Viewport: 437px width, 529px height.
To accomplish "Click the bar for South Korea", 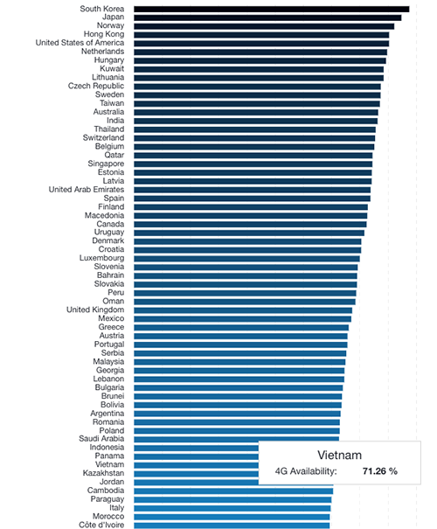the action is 272,9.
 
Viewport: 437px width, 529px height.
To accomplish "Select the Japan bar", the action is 267,17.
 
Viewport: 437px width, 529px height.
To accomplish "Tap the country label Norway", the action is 110,25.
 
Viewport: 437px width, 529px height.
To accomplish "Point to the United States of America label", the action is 80,43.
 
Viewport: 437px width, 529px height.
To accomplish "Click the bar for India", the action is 255,122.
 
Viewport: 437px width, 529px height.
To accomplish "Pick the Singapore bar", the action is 253,164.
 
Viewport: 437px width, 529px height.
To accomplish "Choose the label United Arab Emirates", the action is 87,190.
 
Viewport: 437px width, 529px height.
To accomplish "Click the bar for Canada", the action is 250,225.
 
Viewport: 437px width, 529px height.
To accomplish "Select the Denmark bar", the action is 247,241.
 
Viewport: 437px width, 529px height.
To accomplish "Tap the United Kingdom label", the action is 95,310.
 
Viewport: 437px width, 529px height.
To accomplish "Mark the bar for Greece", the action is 241,328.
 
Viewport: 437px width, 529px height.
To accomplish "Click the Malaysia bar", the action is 239,362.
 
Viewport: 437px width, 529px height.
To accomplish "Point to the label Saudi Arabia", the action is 101,439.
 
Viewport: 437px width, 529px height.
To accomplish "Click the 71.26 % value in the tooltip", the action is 380,471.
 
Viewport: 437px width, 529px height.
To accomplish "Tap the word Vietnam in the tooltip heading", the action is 340,456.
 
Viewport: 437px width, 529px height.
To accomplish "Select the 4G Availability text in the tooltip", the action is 306,471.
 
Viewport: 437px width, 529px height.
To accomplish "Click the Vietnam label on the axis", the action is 109,464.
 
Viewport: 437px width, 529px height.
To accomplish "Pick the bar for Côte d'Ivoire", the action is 232,526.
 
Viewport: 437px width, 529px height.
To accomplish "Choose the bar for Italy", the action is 232,508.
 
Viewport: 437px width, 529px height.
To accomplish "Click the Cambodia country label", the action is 106,491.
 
